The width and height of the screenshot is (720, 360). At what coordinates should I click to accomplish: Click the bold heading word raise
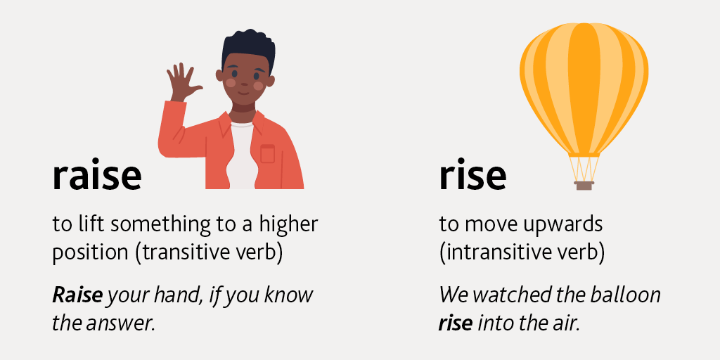click(96, 176)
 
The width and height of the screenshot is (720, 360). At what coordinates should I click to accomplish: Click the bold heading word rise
click(472, 176)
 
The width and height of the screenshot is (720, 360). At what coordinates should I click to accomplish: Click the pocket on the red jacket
click(267, 153)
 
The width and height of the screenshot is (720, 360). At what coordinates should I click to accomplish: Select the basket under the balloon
click(584, 185)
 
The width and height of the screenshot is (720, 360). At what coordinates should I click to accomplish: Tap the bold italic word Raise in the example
click(77, 295)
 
